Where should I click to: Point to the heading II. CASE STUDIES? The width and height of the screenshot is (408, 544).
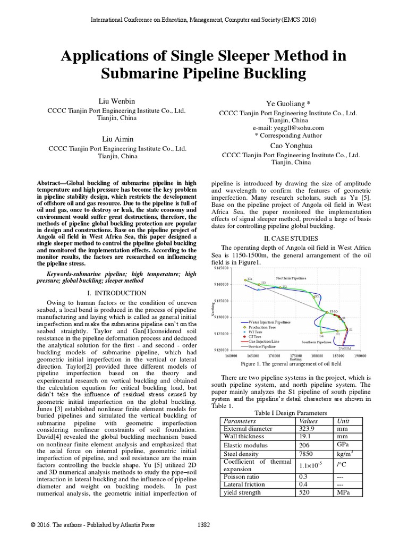(x=288, y=238)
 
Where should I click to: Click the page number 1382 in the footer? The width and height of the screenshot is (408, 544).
(x=205, y=525)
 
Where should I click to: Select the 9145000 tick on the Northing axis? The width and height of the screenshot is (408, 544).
(x=221, y=269)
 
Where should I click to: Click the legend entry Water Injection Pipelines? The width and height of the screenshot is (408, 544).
(x=270, y=322)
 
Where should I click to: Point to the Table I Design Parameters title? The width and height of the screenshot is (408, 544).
(x=290, y=412)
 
